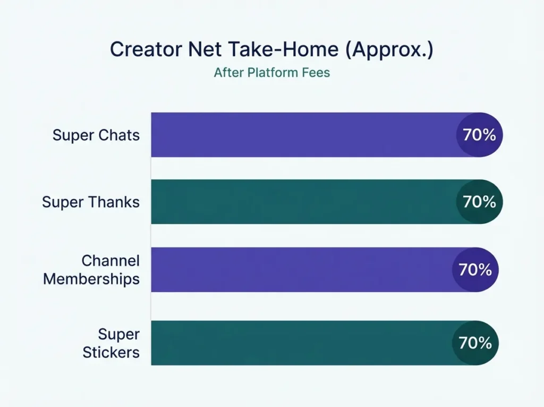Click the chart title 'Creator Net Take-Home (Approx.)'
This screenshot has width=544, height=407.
[x=271, y=49]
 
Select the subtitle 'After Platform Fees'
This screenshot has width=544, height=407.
[x=271, y=73]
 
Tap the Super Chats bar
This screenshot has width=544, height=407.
[x=303, y=135]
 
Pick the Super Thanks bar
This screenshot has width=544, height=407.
[x=303, y=202]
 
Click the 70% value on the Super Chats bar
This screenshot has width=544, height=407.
[x=479, y=135]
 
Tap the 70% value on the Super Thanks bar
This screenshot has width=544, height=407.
[x=479, y=202]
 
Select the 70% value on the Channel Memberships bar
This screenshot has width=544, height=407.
[x=475, y=270]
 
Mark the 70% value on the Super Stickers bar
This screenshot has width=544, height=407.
[x=475, y=343]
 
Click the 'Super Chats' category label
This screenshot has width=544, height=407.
[x=96, y=135]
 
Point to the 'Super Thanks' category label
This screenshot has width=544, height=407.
[x=91, y=202]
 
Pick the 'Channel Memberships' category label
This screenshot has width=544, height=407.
[x=91, y=270]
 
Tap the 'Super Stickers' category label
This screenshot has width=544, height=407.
[x=111, y=343]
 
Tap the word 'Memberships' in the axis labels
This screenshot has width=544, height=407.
[x=91, y=279]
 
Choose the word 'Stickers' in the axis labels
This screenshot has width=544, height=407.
[x=111, y=352]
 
